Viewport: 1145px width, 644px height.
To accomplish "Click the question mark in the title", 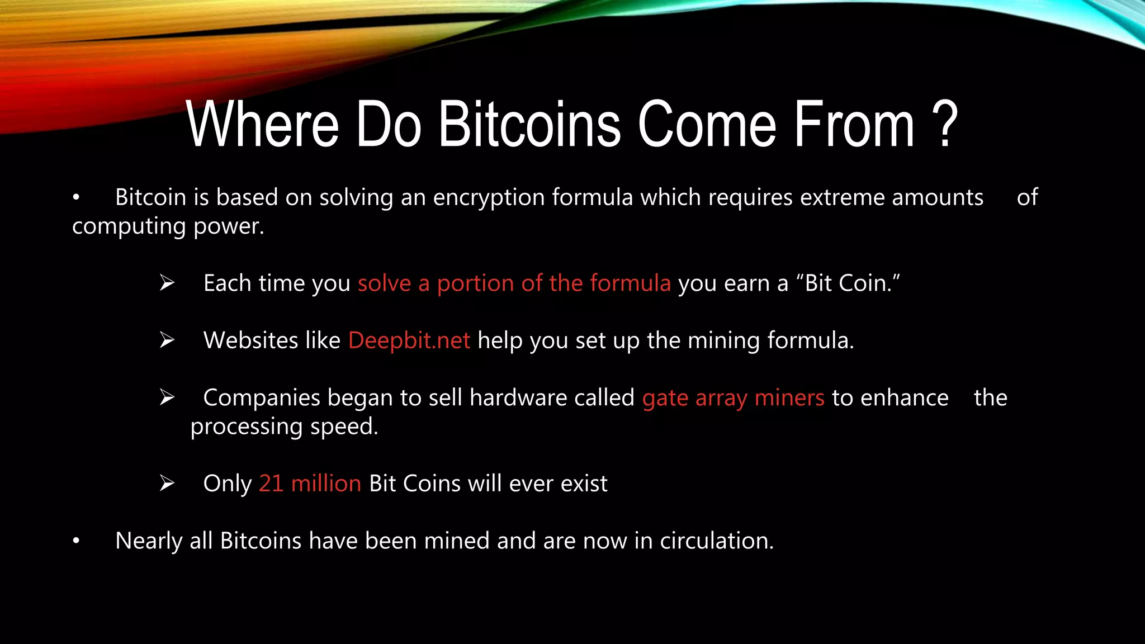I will point(945,124).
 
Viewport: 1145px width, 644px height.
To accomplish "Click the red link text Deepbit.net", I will point(409,340).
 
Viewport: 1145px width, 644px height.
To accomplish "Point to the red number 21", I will point(271,484).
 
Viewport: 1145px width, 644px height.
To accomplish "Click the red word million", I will point(326,484).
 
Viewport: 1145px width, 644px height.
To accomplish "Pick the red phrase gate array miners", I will point(733,398).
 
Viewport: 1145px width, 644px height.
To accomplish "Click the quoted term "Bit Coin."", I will point(852,283).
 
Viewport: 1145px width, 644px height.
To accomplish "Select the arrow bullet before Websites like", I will point(167,340).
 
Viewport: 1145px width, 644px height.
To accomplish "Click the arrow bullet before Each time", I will point(167,283).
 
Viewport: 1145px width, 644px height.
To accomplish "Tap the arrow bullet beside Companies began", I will point(167,397).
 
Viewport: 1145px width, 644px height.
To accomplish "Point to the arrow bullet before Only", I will point(167,483).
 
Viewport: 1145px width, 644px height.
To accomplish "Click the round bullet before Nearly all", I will point(76,541).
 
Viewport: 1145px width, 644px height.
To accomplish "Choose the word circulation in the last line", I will point(717,541).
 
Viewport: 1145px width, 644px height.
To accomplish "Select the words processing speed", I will point(284,427).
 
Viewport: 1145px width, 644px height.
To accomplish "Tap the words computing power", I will point(168,226).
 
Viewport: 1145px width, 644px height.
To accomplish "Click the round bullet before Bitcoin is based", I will point(76,197).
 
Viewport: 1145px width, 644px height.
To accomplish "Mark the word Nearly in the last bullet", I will point(149,541).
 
